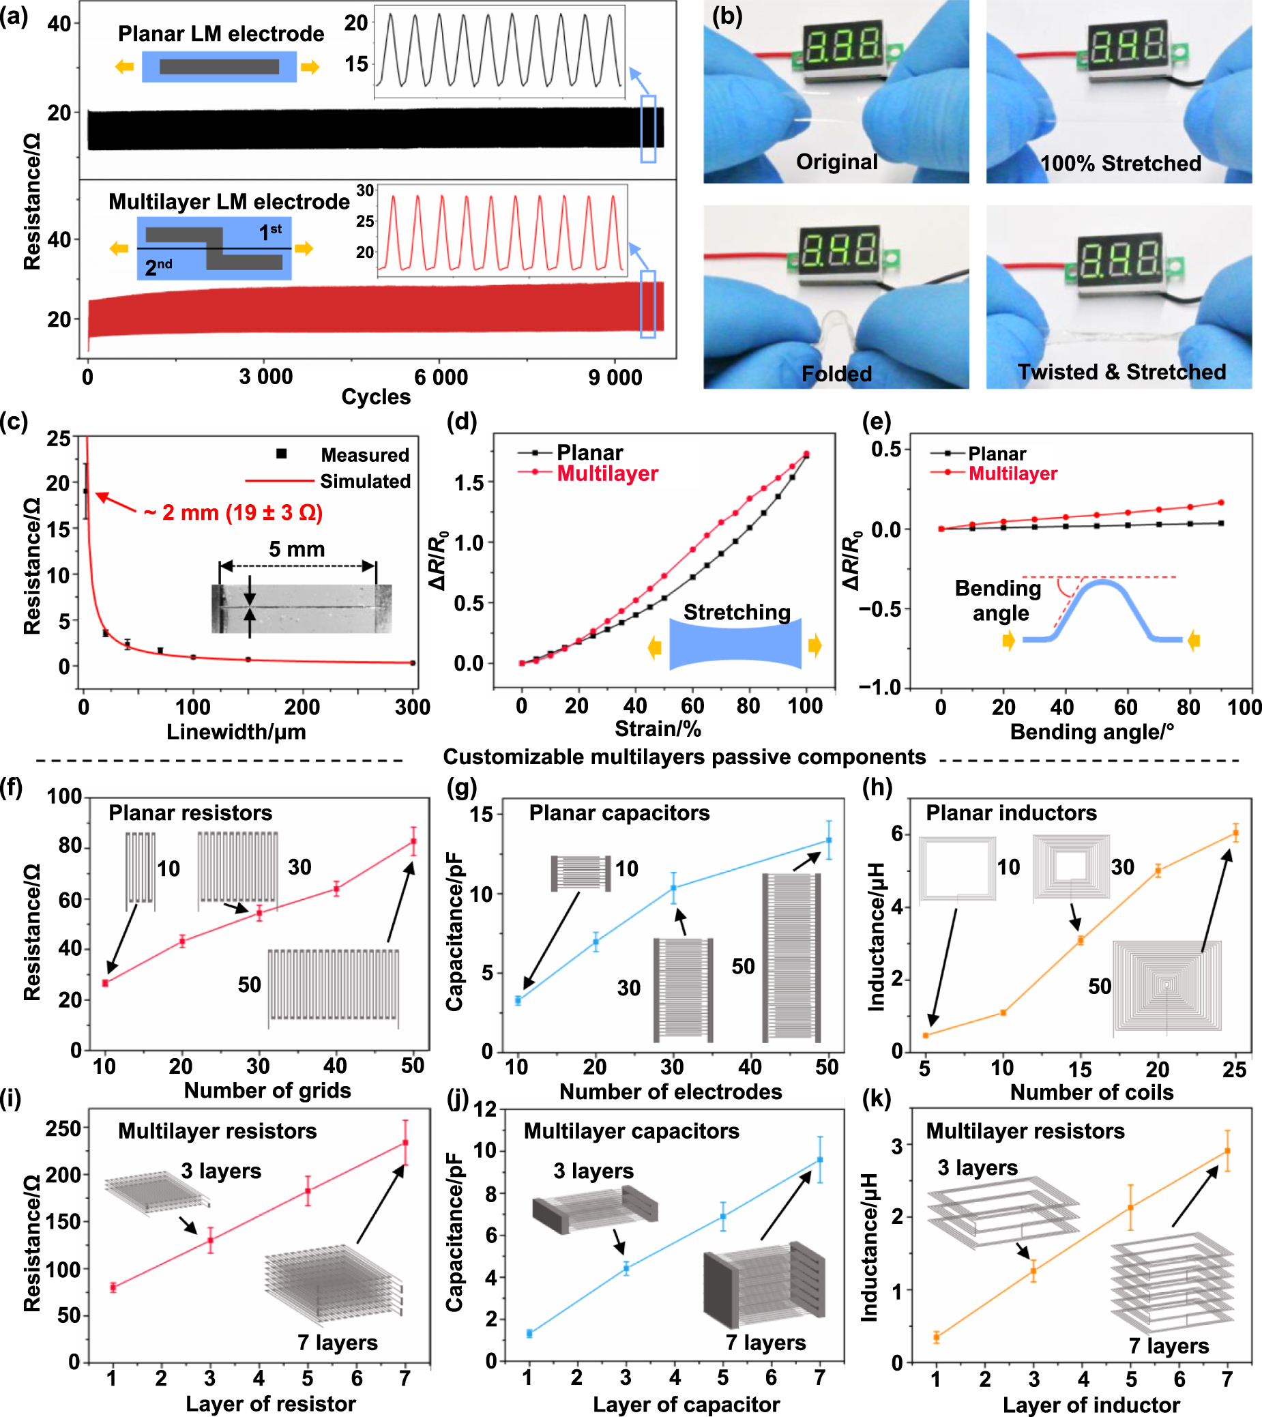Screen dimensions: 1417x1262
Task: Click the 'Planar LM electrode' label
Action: [x=220, y=33]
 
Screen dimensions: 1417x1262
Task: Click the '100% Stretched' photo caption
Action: [x=1121, y=164]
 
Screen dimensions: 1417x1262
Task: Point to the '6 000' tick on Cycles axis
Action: [x=441, y=377]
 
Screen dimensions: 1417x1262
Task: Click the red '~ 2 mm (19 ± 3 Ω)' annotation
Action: [x=233, y=512]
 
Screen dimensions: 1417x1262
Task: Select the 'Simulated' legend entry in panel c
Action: [x=365, y=481]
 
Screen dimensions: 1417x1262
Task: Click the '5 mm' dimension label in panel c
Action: [x=297, y=549]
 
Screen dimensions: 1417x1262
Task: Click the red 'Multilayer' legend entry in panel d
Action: [x=607, y=473]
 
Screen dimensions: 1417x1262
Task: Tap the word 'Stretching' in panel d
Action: [x=737, y=612]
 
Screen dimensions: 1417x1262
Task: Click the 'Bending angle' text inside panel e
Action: [x=999, y=600]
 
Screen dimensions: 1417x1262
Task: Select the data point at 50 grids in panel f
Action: [x=413, y=841]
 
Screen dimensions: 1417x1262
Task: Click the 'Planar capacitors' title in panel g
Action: [x=619, y=813]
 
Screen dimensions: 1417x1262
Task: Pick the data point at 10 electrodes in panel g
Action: [x=518, y=1000]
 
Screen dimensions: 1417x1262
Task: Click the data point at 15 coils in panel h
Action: [x=1081, y=941]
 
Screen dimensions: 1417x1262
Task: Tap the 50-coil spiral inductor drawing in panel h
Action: [x=1167, y=985]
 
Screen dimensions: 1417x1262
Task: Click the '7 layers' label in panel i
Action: [x=338, y=1343]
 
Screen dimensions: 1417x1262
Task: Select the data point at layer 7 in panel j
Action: [x=819, y=1160]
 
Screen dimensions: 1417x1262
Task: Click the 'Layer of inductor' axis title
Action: [x=1091, y=1405]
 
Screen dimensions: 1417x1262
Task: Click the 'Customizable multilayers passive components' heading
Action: [x=684, y=757]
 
